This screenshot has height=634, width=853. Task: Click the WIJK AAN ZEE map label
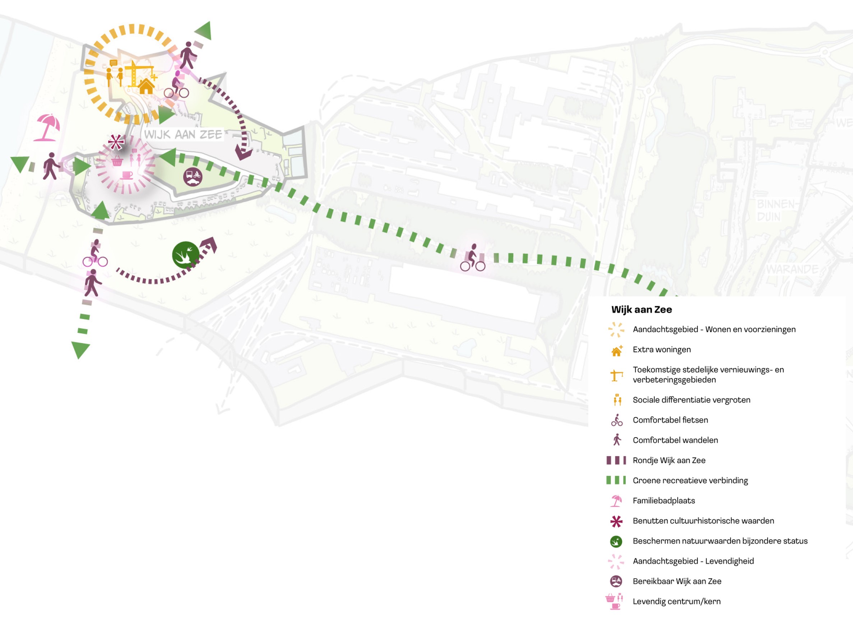coord(183,134)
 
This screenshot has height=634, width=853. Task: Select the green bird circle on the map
coord(185,255)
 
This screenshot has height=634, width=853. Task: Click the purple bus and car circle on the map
coord(193,176)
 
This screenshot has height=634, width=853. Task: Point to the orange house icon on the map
coord(146,86)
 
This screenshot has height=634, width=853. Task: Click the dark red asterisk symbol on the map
coord(116,142)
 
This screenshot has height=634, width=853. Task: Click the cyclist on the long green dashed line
coord(473,258)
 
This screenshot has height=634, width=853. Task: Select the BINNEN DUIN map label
coord(775,210)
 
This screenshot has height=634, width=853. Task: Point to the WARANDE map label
coord(792,269)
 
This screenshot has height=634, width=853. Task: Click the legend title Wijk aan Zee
coord(641,310)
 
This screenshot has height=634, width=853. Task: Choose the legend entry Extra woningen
coord(662,350)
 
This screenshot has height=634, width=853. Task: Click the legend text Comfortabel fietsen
coord(670,420)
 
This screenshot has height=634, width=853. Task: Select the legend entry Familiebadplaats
coord(664,500)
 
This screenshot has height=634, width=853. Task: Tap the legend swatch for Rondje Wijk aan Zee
coord(616,460)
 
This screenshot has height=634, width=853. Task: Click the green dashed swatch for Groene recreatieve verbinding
coord(616,480)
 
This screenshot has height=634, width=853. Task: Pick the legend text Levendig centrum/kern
coord(677,601)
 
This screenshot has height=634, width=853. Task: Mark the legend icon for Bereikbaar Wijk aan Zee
coord(616,581)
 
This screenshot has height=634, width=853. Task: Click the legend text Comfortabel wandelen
coord(675,440)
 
